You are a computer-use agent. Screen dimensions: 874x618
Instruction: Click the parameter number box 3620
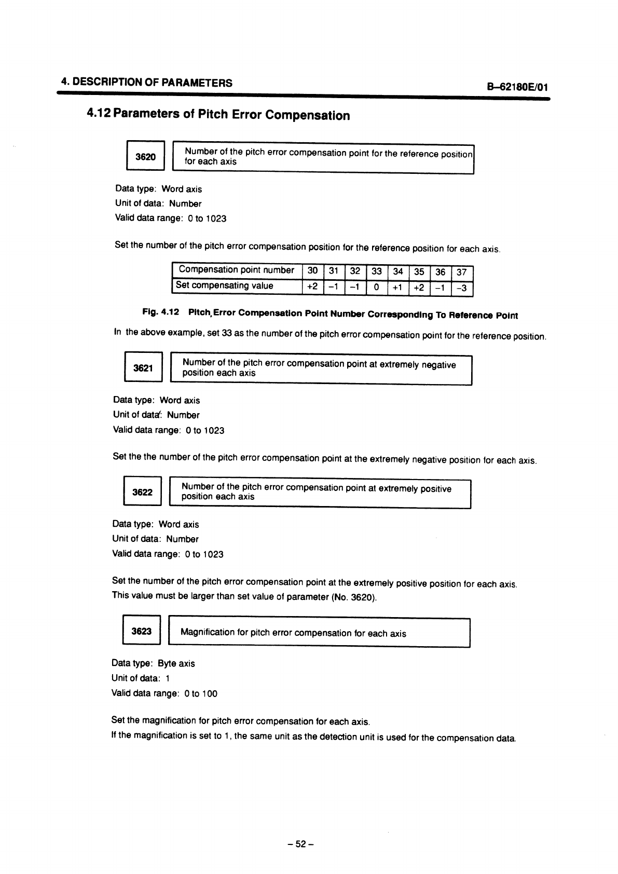point(145,156)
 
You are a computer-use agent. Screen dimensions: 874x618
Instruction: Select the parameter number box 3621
point(143,368)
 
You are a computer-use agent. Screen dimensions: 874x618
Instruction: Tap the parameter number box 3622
point(143,491)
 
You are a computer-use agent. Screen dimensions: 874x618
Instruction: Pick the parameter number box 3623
point(142,631)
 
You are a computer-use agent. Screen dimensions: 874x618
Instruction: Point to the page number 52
point(301,844)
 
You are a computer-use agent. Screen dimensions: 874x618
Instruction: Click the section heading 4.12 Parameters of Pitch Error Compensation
point(218,115)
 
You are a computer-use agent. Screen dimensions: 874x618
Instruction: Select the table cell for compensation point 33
point(377,271)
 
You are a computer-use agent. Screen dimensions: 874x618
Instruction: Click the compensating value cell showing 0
point(377,286)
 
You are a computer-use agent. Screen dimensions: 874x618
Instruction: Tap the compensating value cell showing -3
point(462,288)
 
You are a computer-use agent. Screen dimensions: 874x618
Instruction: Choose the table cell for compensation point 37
point(462,272)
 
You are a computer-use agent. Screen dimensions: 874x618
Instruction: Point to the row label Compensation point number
point(237,270)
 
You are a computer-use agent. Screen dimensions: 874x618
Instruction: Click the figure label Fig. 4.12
point(161,312)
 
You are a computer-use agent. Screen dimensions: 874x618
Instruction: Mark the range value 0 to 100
point(201,693)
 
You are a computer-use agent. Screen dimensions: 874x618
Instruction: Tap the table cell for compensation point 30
point(313,270)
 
